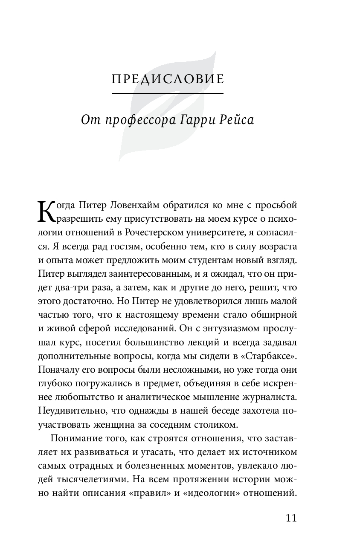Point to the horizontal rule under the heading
[x=167, y=93]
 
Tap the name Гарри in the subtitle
[x=195, y=120]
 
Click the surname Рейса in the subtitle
[x=236, y=120]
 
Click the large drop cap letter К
[x=46, y=212]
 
